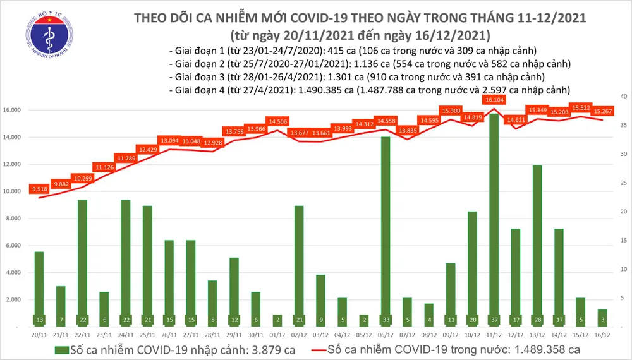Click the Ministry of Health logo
[x=41, y=39]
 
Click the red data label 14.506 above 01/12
[x=279, y=121]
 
